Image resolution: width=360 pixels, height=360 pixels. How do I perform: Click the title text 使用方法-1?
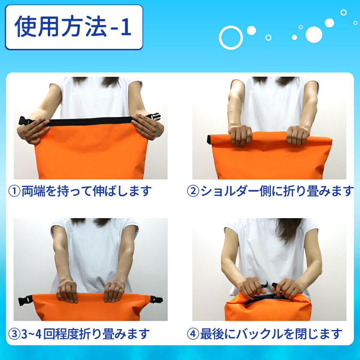[x=73, y=27]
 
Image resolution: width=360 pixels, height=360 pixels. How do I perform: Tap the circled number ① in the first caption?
[x=15, y=191]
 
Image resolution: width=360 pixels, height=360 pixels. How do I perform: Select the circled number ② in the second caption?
[x=193, y=191]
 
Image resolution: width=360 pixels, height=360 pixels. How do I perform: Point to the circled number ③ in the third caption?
[x=15, y=334]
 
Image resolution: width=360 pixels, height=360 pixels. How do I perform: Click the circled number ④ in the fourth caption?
[x=193, y=334]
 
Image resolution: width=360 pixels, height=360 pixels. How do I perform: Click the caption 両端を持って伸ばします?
[x=87, y=191]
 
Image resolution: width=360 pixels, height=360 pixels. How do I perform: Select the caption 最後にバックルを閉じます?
[x=271, y=334]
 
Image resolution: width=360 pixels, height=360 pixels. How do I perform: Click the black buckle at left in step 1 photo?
[x=25, y=121]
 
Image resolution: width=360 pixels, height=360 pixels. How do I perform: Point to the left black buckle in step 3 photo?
[x=25, y=300]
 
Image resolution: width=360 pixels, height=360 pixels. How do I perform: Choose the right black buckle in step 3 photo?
[x=156, y=300]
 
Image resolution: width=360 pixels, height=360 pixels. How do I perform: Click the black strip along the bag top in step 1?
[x=91, y=121]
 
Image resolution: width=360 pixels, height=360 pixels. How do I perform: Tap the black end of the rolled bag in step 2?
[x=209, y=140]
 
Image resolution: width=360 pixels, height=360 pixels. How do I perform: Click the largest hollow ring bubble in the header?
[x=231, y=37]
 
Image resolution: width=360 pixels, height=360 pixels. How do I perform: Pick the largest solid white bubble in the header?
[x=314, y=35]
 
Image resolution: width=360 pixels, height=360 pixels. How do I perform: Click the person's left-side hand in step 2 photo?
[x=240, y=135]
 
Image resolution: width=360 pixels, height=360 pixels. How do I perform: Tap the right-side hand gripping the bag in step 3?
[x=114, y=291]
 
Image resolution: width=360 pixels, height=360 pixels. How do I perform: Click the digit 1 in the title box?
[x=126, y=27]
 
